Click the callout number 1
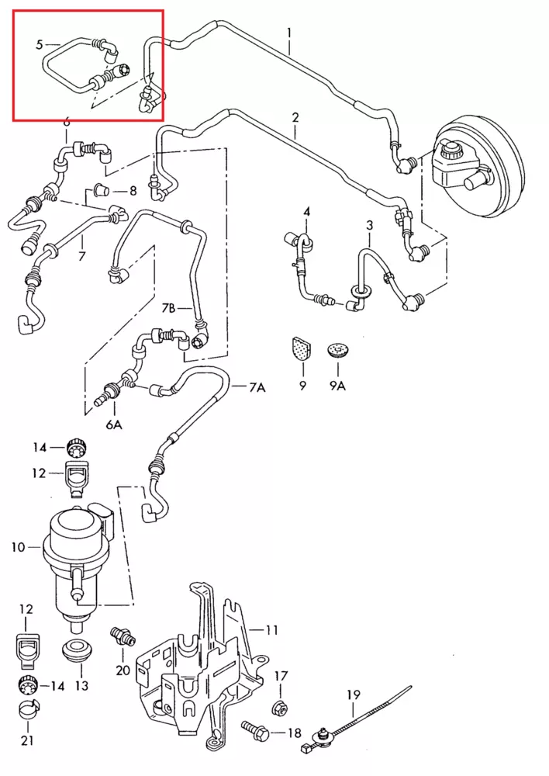[x=288, y=33]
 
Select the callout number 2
[x=295, y=118]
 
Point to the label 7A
[x=257, y=387]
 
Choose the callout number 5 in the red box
[x=39, y=44]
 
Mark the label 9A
[x=337, y=386]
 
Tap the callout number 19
[x=354, y=695]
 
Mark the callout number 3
[x=370, y=226]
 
